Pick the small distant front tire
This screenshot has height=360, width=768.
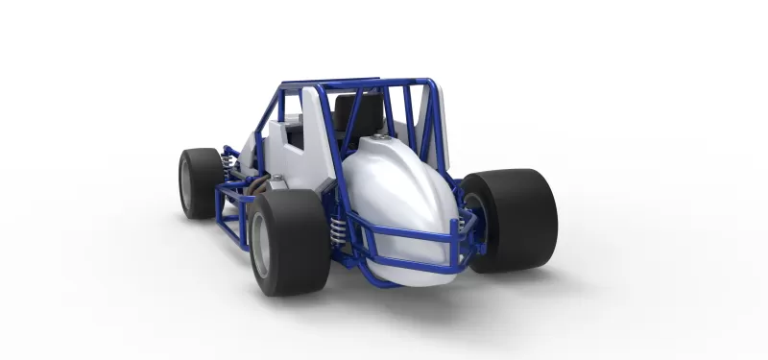[200, 181]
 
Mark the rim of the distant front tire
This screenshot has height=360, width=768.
[186, 183]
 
